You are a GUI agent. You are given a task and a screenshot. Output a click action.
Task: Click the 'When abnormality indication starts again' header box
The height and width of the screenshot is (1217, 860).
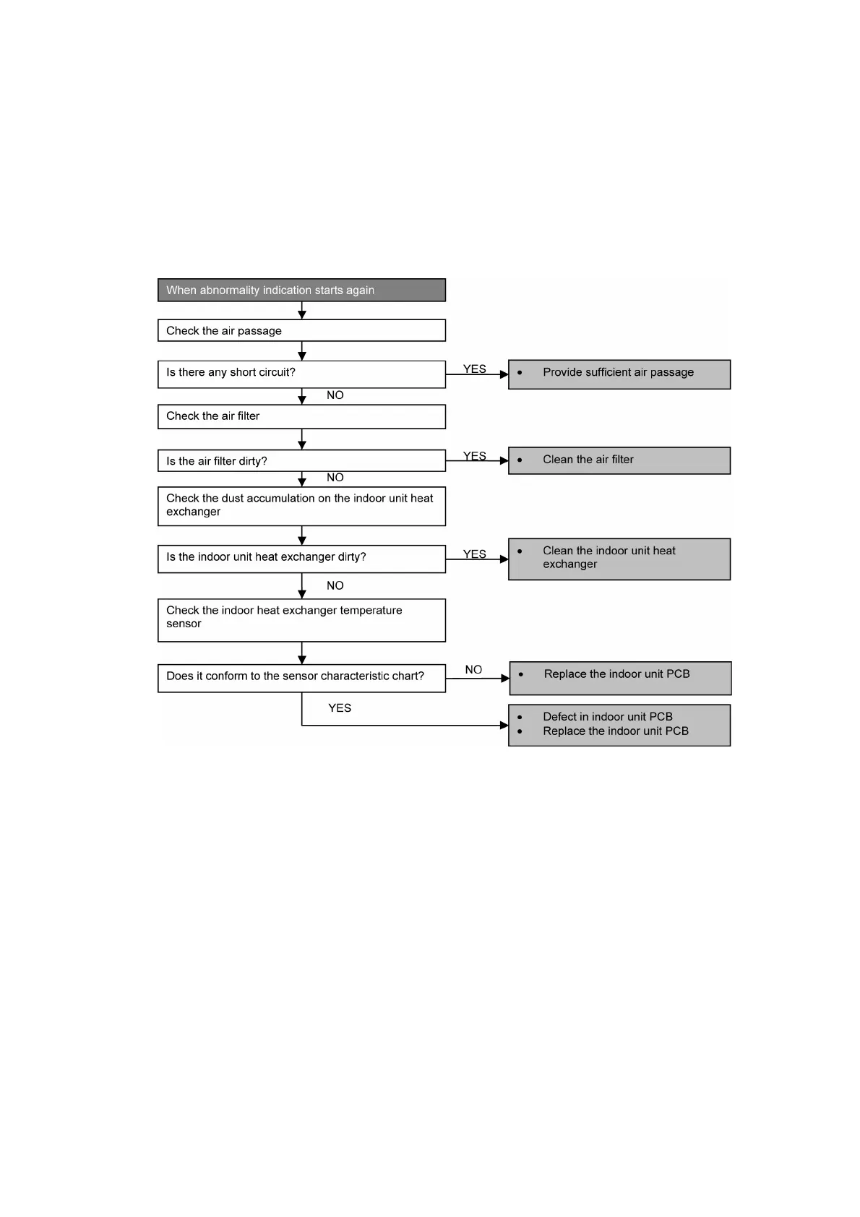(x=301, y=290)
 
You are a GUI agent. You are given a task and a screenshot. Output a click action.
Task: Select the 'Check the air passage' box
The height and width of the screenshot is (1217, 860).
(x=301, y=330)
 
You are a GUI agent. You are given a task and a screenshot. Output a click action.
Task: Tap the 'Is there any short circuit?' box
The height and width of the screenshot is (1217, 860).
(x=301, y=374)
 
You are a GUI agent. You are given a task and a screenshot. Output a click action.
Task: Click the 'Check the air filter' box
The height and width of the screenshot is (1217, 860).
(x=301, y=416)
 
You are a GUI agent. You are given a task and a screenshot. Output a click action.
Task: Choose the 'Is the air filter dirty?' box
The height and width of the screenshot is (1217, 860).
(x=301, y=460)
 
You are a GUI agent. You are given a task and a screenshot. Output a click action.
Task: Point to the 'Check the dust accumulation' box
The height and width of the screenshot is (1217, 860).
(x=301, y=505)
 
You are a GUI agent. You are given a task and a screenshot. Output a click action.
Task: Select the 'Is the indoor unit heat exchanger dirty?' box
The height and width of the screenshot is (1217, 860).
(x=301, y=558)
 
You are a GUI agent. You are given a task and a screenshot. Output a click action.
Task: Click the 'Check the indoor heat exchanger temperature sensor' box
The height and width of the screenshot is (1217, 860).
(x=301, y=619)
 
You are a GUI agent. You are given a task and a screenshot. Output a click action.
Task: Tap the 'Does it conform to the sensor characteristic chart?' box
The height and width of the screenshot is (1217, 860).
(x=301, y=677)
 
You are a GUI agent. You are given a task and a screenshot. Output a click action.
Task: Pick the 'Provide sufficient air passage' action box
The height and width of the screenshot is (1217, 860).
(x=619, y=374)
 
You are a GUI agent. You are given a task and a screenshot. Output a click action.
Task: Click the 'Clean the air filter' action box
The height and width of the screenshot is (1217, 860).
(x=619, y=460)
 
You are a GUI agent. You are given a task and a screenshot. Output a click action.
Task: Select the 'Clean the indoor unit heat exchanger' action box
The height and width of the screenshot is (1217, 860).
(x=619, y=558)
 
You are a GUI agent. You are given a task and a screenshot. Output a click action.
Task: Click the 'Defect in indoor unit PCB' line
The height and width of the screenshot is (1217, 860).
(x=608, y=716)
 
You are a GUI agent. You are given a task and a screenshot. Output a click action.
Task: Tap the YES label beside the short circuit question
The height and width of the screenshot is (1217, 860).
(x=474, y=369)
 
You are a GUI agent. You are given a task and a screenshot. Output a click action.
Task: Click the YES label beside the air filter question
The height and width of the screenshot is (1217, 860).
(x=474, y=455)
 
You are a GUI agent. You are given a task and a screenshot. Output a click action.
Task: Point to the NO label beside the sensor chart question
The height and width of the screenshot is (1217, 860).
(x=473, y=669)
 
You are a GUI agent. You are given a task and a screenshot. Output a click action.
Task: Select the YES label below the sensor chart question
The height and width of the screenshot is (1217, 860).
(x=340, y=708)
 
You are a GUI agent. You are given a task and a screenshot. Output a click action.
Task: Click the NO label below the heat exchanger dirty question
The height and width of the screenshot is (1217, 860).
(x=335, y=585)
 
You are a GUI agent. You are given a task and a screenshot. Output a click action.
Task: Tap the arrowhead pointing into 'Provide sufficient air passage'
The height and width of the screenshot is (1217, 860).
(x=504, y=374)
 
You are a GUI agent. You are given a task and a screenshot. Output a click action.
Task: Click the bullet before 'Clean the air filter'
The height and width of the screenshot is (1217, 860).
(x=520, y=460)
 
